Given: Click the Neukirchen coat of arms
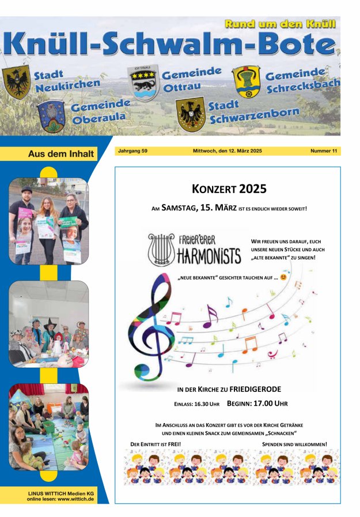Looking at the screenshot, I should click(17, 82).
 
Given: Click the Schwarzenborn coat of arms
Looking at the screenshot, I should click(190, 114).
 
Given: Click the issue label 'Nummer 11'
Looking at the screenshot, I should click(323, 151).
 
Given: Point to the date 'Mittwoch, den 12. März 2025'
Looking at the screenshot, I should click(227, 151).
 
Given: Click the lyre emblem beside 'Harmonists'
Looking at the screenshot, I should click(161, 248).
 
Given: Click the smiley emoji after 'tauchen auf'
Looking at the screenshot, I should click(283, 277).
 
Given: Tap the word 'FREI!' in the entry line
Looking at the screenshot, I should click(172, 444).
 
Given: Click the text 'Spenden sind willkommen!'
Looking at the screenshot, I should click(294, 444).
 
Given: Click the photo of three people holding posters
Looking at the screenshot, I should click(48, 221).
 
